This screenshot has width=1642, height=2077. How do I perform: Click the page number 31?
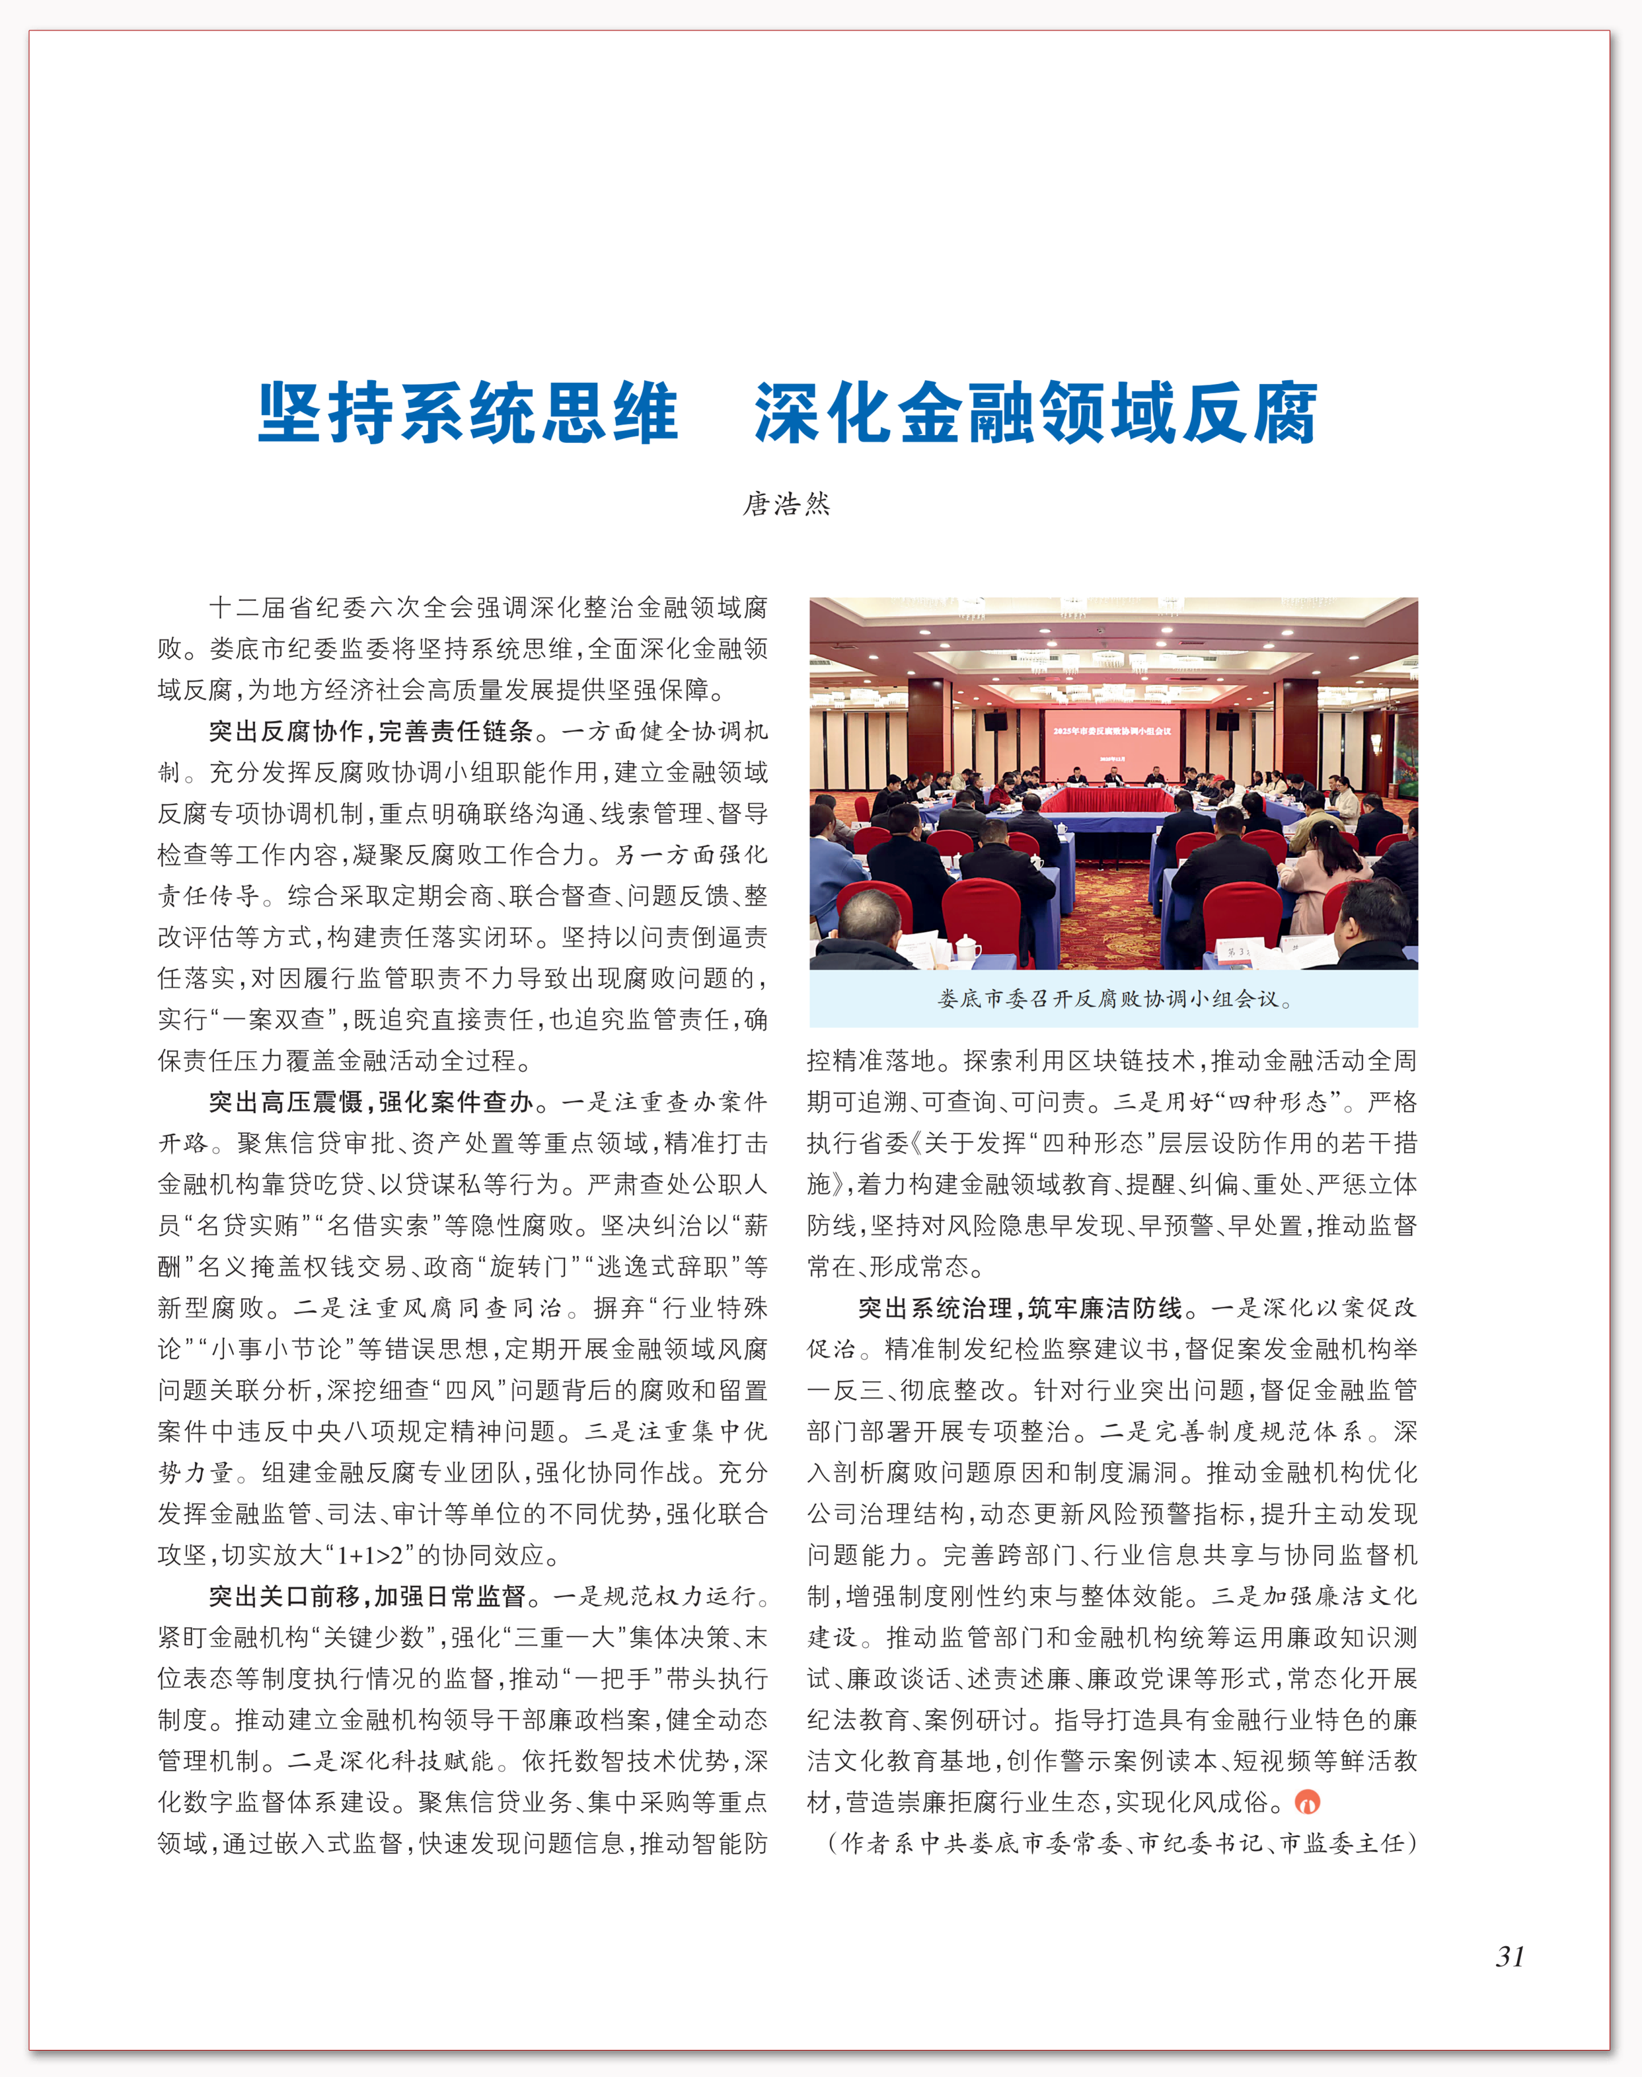tap(1509, 1956)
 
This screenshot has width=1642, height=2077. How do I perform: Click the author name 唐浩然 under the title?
tap(786, 504)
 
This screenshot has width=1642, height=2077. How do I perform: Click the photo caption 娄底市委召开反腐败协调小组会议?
tap(1113, 999)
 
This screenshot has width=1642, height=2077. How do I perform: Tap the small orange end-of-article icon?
tap(1308, 1802)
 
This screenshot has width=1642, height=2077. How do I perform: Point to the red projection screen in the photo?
tap(1111, 744)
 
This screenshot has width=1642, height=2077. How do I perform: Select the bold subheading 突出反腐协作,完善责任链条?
tap(371, 732)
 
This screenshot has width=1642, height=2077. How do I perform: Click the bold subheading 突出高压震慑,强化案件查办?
tap(371, 1102)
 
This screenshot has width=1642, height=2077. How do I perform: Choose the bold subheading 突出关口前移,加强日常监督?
tap(367, 1597)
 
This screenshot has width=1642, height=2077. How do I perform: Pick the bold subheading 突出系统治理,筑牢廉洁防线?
tap(1019, 1308)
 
